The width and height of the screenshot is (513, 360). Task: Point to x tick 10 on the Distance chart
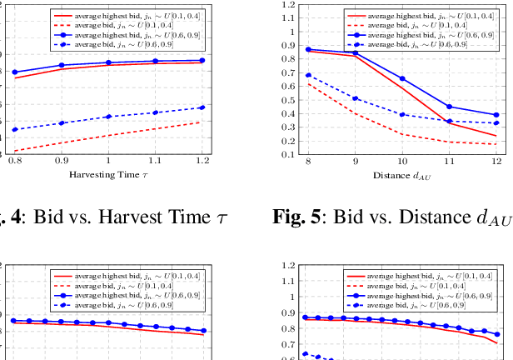[402, 160]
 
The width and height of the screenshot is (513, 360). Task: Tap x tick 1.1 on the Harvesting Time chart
[155, 160]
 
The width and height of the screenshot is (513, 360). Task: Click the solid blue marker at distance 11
[450, 107]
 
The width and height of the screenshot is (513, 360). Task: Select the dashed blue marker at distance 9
[356, 98]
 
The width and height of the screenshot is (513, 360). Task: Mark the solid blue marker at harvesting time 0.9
[61, 65]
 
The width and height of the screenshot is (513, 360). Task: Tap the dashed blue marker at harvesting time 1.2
[202, 107]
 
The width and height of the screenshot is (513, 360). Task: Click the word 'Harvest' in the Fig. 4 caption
[134, 219]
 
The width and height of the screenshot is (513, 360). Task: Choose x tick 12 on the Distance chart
[496, 160]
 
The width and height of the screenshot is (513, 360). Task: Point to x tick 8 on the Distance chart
[308, 160]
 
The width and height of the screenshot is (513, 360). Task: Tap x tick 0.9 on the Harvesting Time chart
[61, 160]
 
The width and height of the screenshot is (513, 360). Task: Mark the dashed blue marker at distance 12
[496, 123]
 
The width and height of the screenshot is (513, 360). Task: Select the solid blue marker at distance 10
[402, 78]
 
